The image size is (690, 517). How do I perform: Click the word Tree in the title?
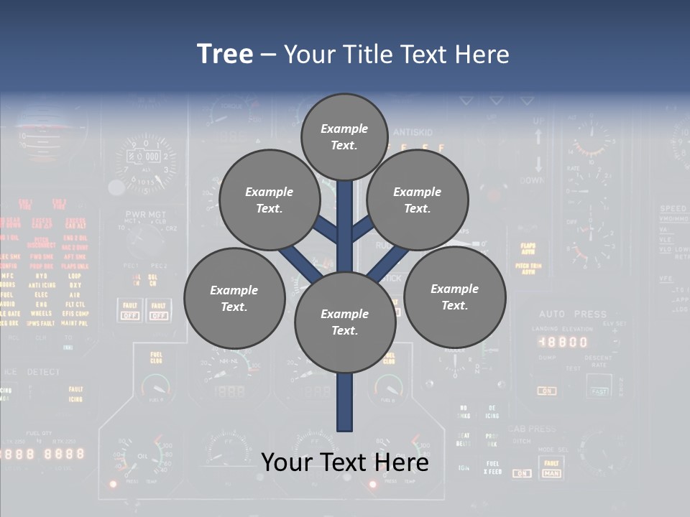[x=225, y=54]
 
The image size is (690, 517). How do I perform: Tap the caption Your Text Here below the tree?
[x=344, y=462]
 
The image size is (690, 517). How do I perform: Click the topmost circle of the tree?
[x=344, y=136]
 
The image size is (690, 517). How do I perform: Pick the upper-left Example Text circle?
[x=270, y=200]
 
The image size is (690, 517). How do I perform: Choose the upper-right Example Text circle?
[x=418, y=200]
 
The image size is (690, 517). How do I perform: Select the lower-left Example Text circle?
[x=234, y=298]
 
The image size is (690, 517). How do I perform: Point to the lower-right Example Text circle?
[x=454, y=297]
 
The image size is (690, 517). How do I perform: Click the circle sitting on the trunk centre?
[x=345, y=322]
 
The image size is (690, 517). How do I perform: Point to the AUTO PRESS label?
[x=573, y=314]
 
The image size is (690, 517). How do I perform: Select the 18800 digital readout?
[x=563, y=342]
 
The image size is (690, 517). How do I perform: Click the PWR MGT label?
[x=145, y=214]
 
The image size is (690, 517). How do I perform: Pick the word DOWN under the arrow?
[x=532, y=181]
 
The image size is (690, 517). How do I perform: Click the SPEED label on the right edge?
[x=673, y=209]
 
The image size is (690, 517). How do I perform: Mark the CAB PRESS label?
[x=532, y=429]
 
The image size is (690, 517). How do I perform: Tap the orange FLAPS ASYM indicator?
[x=528, y=248]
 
